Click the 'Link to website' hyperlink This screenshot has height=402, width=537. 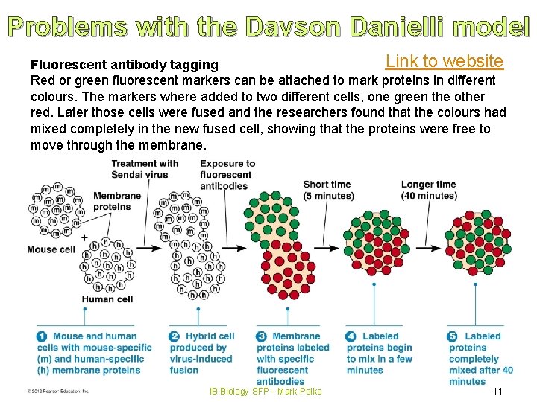[x=444, y=61]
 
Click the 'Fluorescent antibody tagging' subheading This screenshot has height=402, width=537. [x=124, y=66]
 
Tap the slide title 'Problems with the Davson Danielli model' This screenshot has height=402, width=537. [x=268, y=27]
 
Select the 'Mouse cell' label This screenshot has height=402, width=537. [x=51, y=249]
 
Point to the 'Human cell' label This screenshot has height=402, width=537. [x=107, y=299]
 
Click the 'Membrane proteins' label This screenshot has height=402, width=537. [x=116, y=201]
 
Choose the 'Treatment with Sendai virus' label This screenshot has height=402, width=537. [x=145, y=169]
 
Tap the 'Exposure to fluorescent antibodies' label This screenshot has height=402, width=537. [x=227, y=175]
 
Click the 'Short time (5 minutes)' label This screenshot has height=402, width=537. [x=328, y=190]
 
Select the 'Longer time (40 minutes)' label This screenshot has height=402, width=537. [x=429, y=190]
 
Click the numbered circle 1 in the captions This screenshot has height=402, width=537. [x=43, y=336]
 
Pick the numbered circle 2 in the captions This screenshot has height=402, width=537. [x=175, y=336]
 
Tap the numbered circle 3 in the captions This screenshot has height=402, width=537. [x=261, y=336]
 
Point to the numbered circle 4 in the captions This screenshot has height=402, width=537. [x=351, y=336]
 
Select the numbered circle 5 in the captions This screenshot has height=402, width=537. [x=453, y=336]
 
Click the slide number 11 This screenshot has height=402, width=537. [x=497, y=392]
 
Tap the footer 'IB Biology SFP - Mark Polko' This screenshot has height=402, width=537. [x=266, y=392]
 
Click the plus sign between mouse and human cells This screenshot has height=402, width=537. [x=84, y=238]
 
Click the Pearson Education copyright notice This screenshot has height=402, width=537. [x=58, y=391]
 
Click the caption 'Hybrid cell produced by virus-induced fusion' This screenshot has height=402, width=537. [x=201, y=354]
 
